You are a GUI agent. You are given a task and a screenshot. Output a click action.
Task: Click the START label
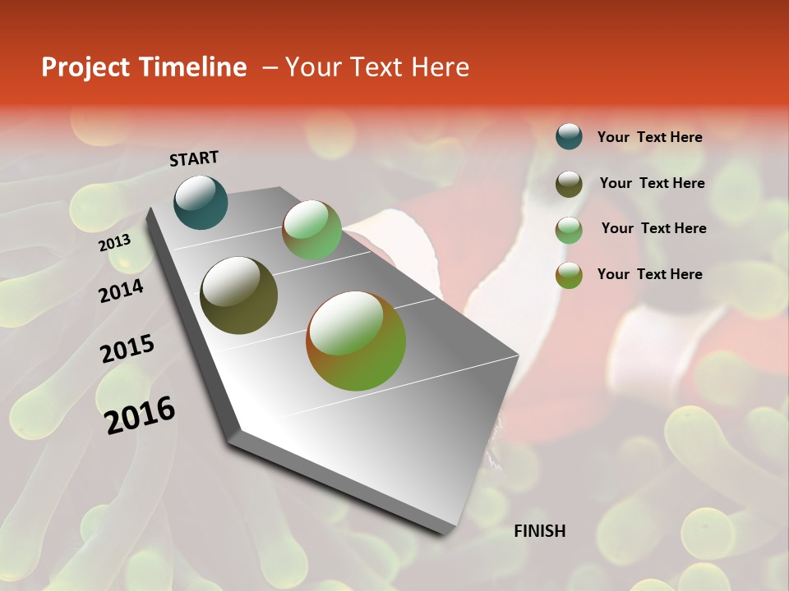click(194, 158)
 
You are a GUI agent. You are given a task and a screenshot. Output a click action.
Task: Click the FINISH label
click(539, 531)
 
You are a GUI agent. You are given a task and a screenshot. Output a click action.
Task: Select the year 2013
click(114, 243)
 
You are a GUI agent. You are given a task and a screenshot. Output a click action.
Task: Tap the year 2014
click(121, 291)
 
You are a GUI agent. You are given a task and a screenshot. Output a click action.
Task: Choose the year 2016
click(140, 415)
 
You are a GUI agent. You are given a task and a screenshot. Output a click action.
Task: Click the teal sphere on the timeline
click(201, 203)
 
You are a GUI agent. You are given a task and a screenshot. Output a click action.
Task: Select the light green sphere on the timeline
click(311, 231)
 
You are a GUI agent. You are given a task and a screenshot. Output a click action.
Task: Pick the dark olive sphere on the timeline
click(238, 295)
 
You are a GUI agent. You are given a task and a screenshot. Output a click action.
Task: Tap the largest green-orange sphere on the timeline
click(356, 341)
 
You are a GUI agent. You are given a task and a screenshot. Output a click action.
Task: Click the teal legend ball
click(569, 136)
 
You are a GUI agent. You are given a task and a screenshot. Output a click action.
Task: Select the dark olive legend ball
click(569, 184)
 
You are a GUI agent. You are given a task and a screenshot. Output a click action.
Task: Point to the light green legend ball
click(569, 230)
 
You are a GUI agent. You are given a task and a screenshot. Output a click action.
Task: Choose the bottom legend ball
click(569, 276)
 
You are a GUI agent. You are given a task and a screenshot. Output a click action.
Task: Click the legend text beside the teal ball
click(649, 137)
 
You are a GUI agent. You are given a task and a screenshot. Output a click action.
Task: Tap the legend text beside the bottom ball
click(649, 274)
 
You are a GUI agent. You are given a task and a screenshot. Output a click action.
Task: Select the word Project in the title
click(85, 67)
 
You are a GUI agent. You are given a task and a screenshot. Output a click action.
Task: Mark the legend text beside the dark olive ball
click(652, 183)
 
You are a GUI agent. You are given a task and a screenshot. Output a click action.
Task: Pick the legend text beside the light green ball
click(653, 228)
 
